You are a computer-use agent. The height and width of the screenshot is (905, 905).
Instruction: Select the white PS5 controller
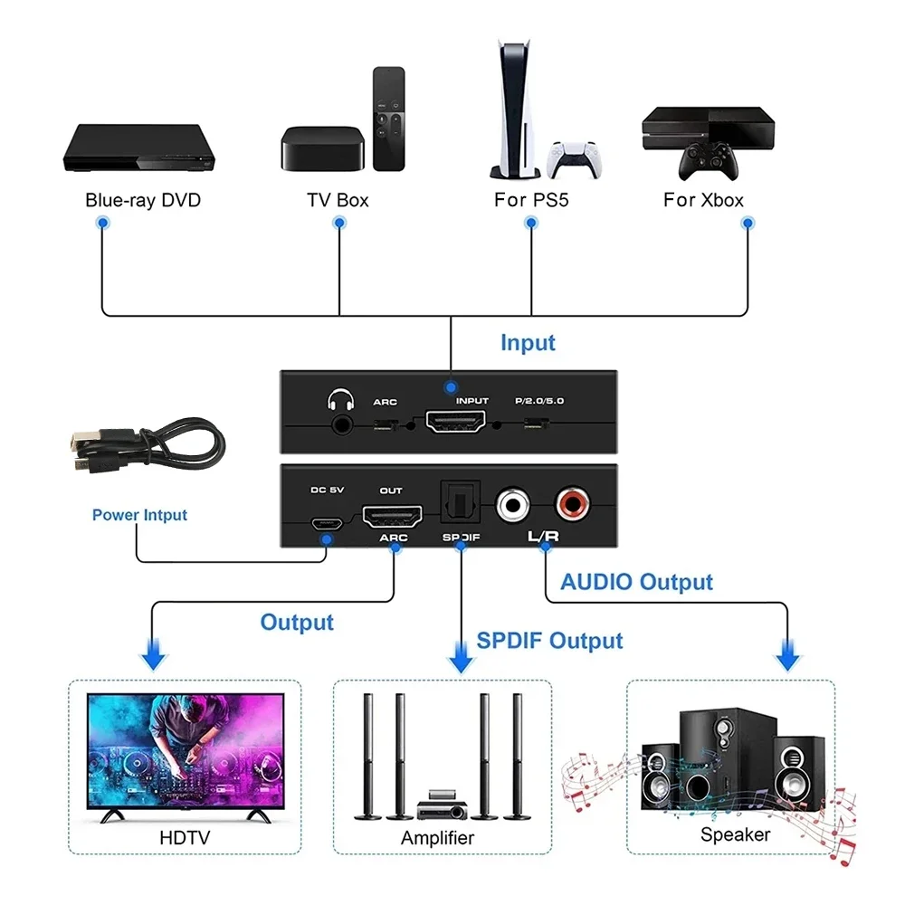click(x=576, y=159)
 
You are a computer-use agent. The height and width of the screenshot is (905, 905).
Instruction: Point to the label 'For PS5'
click(x=531, y=200)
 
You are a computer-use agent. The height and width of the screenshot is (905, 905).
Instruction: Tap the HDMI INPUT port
click(x=455, y=423)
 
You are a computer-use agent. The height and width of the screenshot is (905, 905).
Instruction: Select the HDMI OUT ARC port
click(x=392, y=519)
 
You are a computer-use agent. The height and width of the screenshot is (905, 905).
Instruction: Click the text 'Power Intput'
click(x=139, y=515)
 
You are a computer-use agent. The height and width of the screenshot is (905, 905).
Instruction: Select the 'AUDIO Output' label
click(x=636, y=582)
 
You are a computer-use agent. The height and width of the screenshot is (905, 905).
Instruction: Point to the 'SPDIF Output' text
click(x=549, y=641)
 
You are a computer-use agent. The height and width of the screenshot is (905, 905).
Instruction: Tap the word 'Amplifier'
click(x=437, y=837)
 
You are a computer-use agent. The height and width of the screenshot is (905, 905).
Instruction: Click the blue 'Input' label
click(x=528, y=343)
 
